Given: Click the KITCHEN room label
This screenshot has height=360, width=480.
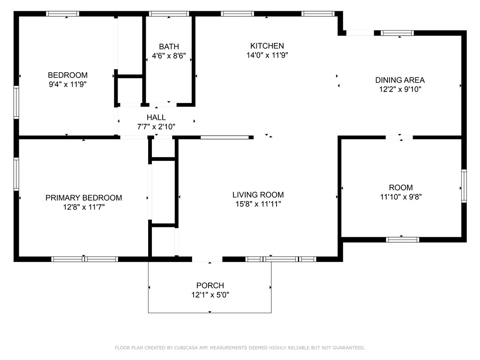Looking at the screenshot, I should [x=267, y=46].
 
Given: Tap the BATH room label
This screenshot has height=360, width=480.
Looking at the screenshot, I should [x=169, y=46].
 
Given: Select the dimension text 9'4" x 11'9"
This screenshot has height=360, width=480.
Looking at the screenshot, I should [x=67, y=84].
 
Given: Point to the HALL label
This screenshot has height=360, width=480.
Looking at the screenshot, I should [x=156, y=117].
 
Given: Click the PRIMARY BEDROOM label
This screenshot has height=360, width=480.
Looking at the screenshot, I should [x=83, y=198].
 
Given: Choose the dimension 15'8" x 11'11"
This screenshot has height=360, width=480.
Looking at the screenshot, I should [x=258, y=204].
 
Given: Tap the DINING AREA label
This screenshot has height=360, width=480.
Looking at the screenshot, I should [x=400, y=80].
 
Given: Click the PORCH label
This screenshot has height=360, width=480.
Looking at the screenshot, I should [x=210, y=285].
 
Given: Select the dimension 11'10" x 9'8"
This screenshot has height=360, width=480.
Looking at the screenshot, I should [x=401, y=197].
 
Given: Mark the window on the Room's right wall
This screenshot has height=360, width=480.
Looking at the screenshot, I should [x=464, y=186].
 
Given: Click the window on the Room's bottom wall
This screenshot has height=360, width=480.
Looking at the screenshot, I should [x=402, y=240].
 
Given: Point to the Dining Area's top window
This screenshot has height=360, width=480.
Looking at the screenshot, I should [x=397, y=33].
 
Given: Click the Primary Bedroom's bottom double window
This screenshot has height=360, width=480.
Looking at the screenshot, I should [x=84, y=259].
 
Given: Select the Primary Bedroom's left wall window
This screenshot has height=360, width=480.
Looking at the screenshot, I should [x=16, y=174].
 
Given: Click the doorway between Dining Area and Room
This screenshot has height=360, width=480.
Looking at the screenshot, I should [x=399, y=137].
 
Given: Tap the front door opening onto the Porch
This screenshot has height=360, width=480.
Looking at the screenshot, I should [x=207, y=259].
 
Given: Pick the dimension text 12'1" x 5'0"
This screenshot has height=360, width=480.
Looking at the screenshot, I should [x=210, y=295].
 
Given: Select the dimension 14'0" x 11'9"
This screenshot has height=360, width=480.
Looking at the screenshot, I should [x=267, y=55].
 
